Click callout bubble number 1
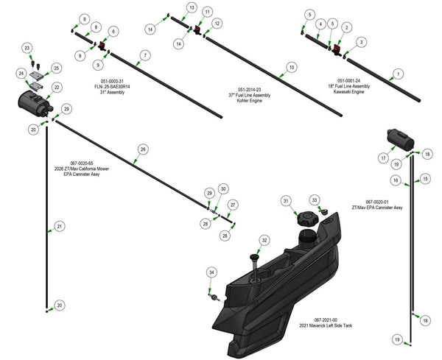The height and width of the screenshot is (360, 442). pos(399,74)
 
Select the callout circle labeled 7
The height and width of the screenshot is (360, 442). pos(144,56)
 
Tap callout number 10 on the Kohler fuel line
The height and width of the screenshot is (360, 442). pos(292,67)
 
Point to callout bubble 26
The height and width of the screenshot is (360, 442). pos(143,149)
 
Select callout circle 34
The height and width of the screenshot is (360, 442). pos(211,273)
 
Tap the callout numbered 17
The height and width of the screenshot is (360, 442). pos(384,158)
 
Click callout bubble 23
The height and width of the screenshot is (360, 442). pos(27,49)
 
